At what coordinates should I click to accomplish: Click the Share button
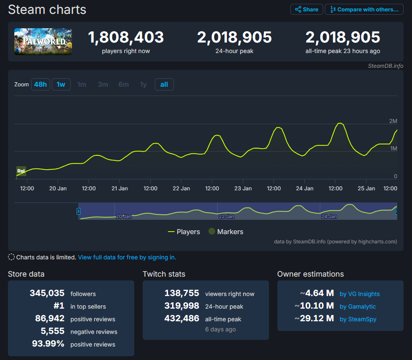307,9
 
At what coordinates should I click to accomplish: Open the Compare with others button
364,9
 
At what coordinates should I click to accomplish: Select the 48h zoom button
40,84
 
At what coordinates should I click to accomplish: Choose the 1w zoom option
61,84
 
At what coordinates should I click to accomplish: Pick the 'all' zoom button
164,84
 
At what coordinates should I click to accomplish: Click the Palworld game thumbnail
43,41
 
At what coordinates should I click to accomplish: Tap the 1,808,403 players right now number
126,37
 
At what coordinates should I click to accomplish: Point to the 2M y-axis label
393,121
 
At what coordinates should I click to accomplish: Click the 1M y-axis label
393,149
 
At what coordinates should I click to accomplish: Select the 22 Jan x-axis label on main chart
181,188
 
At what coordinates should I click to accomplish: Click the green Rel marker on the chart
21,171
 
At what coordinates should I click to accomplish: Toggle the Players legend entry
184,232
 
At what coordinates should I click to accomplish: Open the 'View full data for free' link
127,257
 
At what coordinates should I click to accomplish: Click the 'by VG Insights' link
359,294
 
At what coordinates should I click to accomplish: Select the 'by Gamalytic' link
358,307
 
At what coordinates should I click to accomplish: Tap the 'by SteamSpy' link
358,319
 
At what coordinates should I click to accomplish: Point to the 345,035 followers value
47,293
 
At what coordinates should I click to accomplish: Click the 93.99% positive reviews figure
48,344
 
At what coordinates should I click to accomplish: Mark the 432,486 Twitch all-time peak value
182,318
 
